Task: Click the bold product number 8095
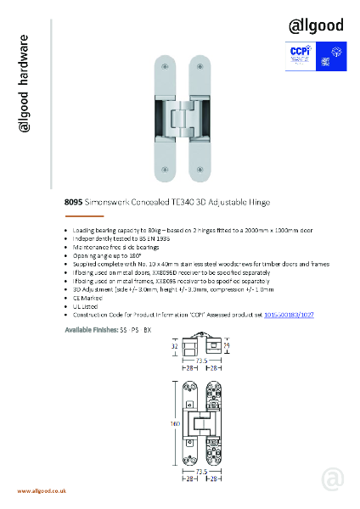(73, 204)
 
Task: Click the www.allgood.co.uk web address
(42, 491)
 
